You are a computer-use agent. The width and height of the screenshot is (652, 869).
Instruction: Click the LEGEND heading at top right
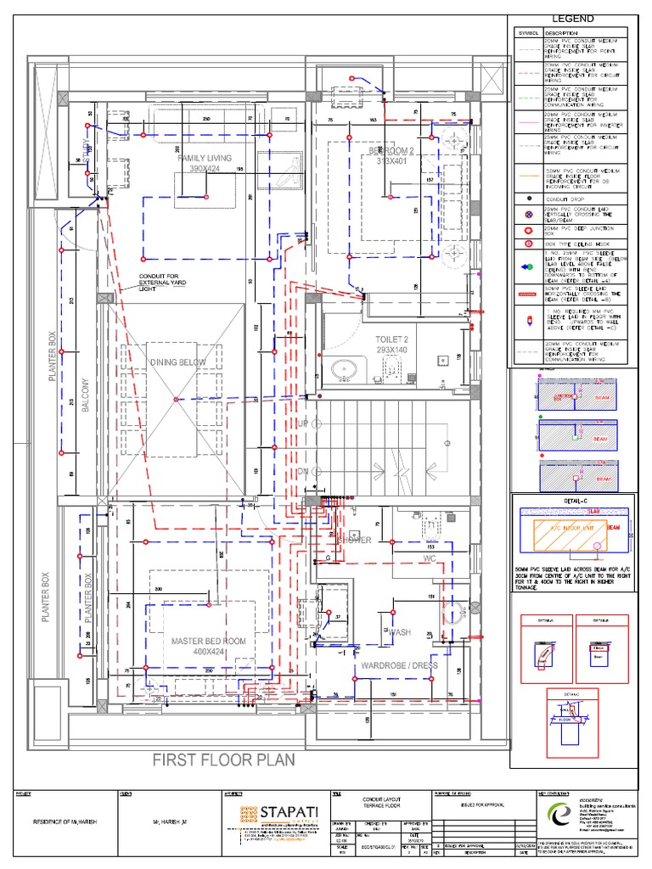pos(574,19)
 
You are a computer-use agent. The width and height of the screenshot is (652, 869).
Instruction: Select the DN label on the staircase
pos(303,471)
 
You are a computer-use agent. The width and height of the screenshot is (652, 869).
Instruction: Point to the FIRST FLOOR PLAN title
pos(223,760)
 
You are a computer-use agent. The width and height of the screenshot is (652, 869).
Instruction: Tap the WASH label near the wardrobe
pos(400,633)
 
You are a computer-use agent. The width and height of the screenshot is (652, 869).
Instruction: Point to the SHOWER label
pos(354,540)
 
